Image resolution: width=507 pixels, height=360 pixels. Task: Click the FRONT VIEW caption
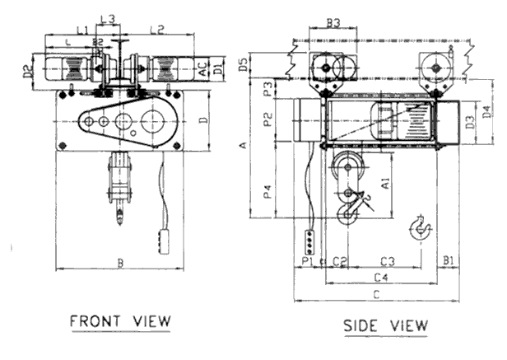pyautogui.click(x=120, y=320)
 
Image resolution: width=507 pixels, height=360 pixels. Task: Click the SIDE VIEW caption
pyautogui.click(x=385, y=325)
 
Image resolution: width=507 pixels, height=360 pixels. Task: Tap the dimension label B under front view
pyautogui.click(x=120, y=264)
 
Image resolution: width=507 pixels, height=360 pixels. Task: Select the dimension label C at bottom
pyautogui.click(x=376, y=294)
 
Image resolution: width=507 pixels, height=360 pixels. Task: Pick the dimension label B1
pyautogui.click(x=449, y=261)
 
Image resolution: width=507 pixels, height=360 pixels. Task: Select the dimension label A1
pyautogui.click(x=386, y=185)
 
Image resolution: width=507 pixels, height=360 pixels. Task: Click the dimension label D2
pyautogui.click(x=27, y=72)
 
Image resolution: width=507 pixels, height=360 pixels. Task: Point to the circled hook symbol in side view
pyautogui.click(x=421, y=226)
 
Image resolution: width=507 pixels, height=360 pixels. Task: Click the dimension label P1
pyautogui.click(x=307, y=262)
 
